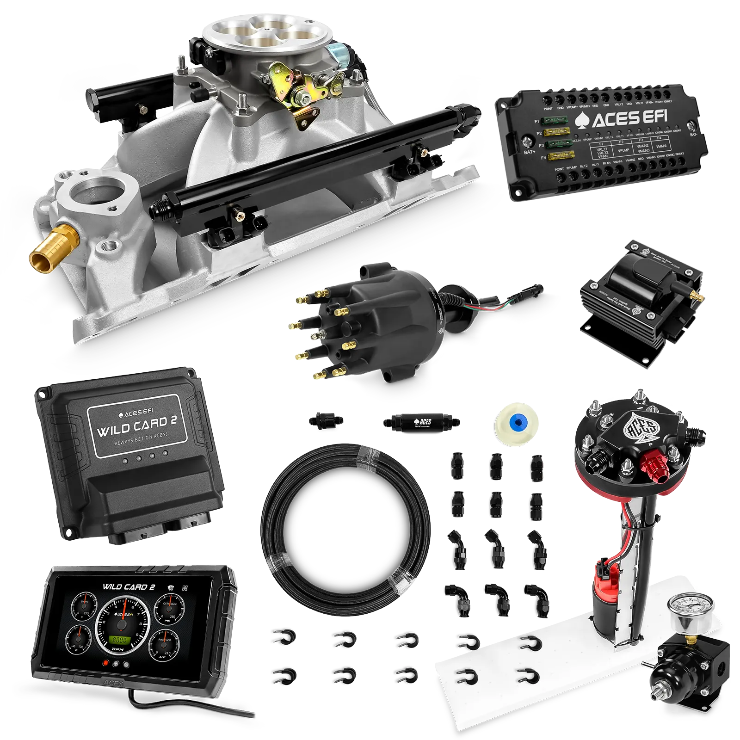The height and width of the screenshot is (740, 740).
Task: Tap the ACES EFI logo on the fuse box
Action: click(622, 119)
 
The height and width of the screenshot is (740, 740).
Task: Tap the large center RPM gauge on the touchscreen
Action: click(122, 624)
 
